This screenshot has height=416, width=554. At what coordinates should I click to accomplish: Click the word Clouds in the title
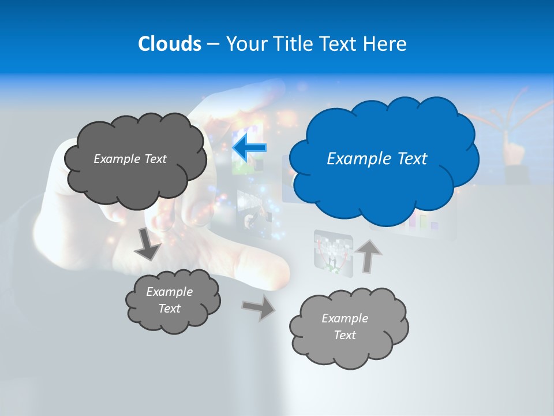(169, 44)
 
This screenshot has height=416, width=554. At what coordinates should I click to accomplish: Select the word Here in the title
(385, 44)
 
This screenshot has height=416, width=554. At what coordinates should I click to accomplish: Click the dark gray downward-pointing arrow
(148, 244)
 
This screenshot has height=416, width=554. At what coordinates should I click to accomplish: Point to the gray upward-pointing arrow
(369, 255)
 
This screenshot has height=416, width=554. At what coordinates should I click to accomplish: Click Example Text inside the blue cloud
(377, 158)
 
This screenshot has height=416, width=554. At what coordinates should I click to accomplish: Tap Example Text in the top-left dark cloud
(130, 158)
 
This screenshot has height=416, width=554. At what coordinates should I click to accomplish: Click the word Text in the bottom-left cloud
(169, 309)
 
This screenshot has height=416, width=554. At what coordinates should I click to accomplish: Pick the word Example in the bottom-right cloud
(345, 318)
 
